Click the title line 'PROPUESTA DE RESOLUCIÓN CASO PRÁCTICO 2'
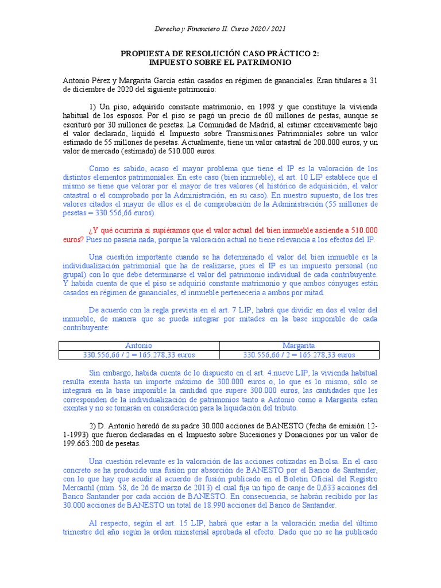[x=220, y=53]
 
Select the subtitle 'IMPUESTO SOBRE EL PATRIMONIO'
[x=220, y=62]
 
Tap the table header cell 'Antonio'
[x=139, y=346]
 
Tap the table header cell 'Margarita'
[x=299, y=346]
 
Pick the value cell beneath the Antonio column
[x=139, y=355]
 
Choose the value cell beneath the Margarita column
[x=299, y=355]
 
